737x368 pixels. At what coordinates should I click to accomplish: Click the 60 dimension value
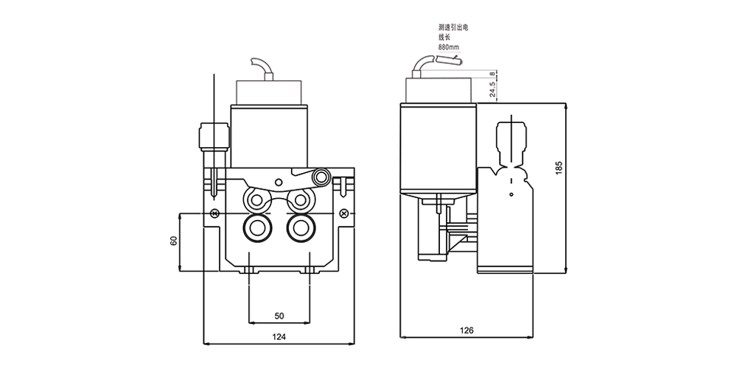[174, 241]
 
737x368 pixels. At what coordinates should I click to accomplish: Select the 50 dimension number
[279, 316]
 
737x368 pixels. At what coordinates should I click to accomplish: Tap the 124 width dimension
[279, 336]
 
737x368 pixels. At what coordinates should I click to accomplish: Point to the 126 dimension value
[467, 330]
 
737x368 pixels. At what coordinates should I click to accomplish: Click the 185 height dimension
[559, 168]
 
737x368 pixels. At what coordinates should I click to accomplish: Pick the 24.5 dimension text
[492, 89]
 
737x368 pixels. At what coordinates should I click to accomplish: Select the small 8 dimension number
[492, 74]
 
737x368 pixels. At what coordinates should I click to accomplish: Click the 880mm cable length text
[448, 47]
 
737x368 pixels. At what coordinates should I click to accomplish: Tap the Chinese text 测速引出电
[453, 28]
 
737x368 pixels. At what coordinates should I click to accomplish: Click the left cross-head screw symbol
[214, 213]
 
